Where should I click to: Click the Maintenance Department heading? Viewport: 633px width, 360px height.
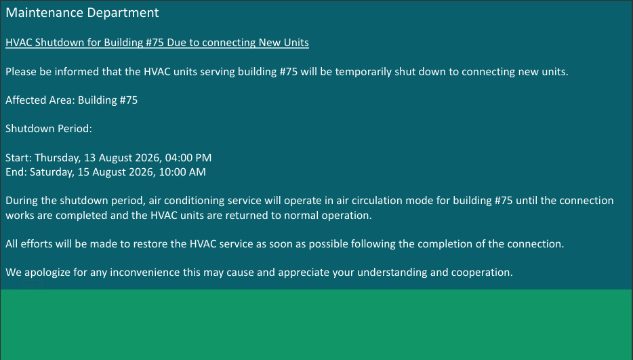tap(82, 13)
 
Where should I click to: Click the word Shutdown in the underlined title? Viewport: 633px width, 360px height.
tap(60, 43)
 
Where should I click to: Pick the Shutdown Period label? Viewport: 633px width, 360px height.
tap(49, 129)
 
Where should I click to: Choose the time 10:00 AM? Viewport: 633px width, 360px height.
tap(182, 172)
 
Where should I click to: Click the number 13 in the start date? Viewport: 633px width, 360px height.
tap(89, 157)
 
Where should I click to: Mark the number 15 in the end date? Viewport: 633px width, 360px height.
tap(83, 172)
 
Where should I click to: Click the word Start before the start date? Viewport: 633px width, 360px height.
tap(17, 157)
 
